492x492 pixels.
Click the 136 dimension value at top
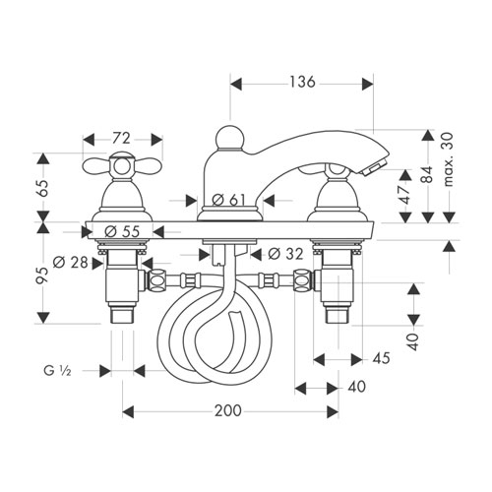pos(302,82)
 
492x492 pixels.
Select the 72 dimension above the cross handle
pos(121,139)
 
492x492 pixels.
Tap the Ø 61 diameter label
pos(228,200)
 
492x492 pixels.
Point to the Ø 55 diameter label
pos(122,232)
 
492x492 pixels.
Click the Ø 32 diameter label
pos(285,254)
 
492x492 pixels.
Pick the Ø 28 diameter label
pos(71,263)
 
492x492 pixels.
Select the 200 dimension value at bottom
pos(228,410)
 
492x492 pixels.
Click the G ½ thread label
pos(57,371)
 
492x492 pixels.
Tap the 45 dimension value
pos(381,358)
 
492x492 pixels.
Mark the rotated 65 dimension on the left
pos(43,188)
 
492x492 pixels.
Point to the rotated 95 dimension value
pos(43,275)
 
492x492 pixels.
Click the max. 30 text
pos(448,159)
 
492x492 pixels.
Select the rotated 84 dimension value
pos(427,174)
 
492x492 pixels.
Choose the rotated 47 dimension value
pos(406,195)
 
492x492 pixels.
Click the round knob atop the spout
pos(229,138)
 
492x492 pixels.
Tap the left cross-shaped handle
pos(122,166)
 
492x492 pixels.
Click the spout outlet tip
pos(375,168)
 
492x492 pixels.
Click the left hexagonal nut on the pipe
pos(156,280)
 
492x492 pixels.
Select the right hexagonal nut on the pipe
pos(302,280)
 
